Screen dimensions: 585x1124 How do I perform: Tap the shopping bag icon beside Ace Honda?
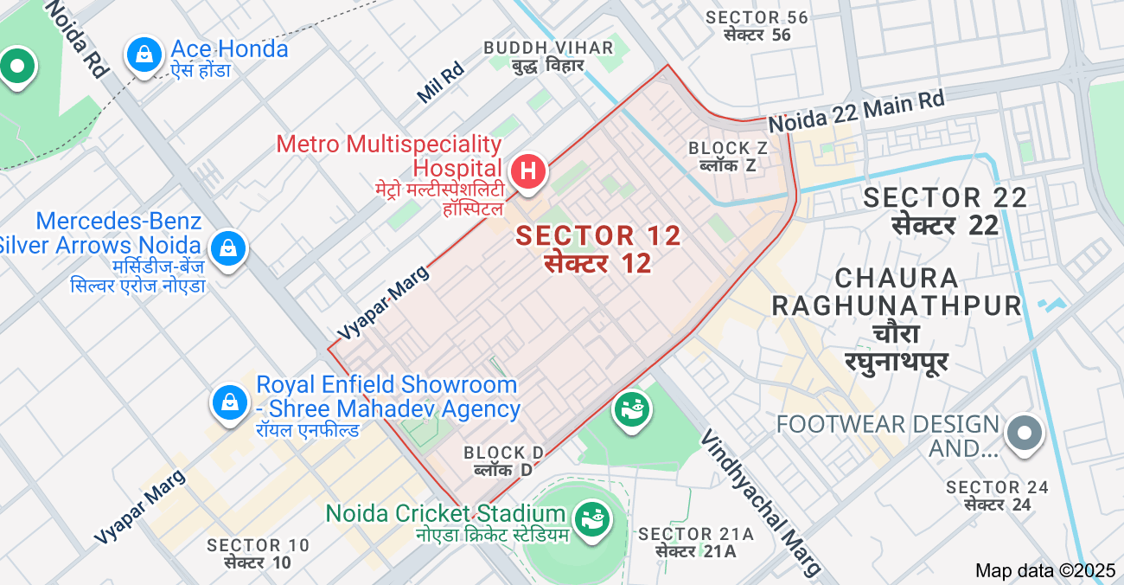[144, 55]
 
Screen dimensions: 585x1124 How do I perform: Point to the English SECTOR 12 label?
[598, 235]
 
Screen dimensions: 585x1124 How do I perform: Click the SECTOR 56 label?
[757, 17]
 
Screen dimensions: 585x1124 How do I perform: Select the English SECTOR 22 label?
[945, 197]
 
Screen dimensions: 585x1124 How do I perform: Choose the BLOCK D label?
[503, 453]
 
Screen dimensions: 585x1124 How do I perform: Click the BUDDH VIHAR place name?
[548, 48]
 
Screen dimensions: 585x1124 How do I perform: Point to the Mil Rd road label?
[441, 84]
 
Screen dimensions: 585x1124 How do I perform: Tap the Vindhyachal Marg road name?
[759, 502]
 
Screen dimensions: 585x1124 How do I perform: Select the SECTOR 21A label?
[696, 535]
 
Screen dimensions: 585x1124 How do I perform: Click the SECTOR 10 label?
[257, 545]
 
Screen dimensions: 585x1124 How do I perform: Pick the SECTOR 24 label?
[997, 487]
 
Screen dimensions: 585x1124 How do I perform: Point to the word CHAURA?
[897, 279]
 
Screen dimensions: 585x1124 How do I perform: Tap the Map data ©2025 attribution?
[1045, 571]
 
